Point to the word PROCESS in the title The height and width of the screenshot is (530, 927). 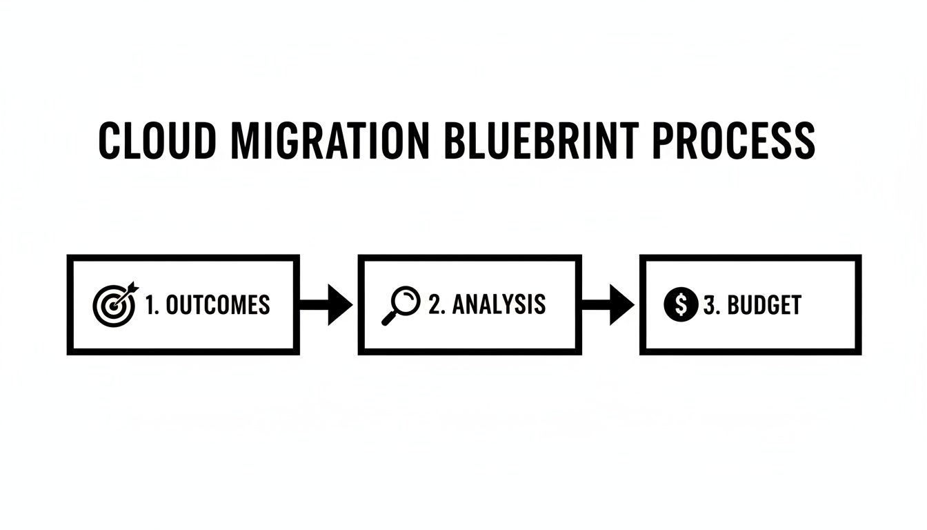coord(733,141)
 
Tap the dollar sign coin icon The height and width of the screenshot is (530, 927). coord(680,304)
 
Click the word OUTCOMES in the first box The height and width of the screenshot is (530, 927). coord(217,305)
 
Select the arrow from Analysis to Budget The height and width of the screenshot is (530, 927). coord(607,304)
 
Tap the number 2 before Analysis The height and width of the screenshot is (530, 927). coord(435,304)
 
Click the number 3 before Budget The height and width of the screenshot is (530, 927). coord(710,305)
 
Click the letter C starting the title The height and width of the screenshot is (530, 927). coord(110,141)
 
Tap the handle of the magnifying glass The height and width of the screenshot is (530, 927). coord(388,319)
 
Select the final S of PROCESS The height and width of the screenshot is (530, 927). coord(802,141)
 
